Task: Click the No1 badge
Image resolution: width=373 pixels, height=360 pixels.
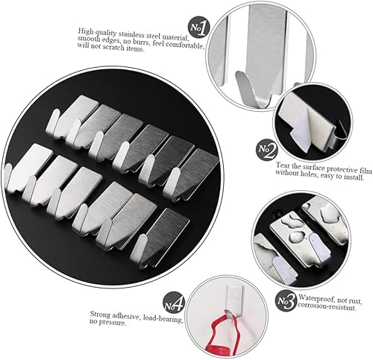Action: [x=198, y=28]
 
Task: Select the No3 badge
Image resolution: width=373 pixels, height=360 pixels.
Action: [x=286, y=301]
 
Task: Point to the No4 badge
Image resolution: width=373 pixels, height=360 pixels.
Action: [x=174, y=303]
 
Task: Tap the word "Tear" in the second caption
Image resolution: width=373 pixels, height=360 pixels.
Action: [x=282, y=165]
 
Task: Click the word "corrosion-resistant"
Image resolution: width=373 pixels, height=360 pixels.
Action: [x=327, y=306]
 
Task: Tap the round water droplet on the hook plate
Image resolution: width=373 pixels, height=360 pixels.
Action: [x=296, y=236]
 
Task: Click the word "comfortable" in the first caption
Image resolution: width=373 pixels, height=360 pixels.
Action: [x=185, y=45]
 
